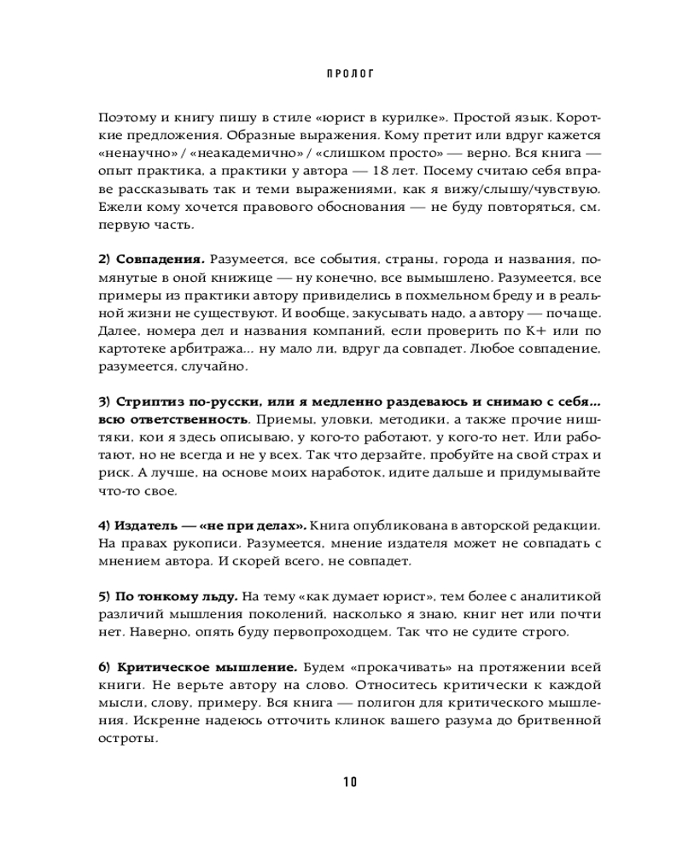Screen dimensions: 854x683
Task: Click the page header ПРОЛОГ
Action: (x=351, y=73)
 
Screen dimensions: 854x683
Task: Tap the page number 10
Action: (x=350, y=781)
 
